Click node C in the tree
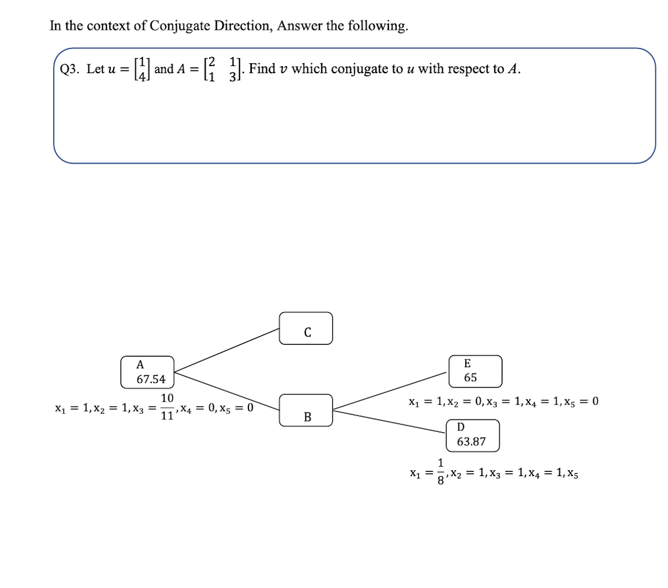pos(306,329)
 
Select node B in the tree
pos(306,411)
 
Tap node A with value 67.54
pos(148,372)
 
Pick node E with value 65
pos(475,371)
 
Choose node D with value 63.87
pos(472,435)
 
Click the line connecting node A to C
pos(227,350)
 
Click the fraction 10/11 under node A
pos(167,407)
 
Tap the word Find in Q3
pos(262,69)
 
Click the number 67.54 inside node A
pos(151,380)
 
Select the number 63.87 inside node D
pos(472,442)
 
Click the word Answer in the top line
pos(300,26)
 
